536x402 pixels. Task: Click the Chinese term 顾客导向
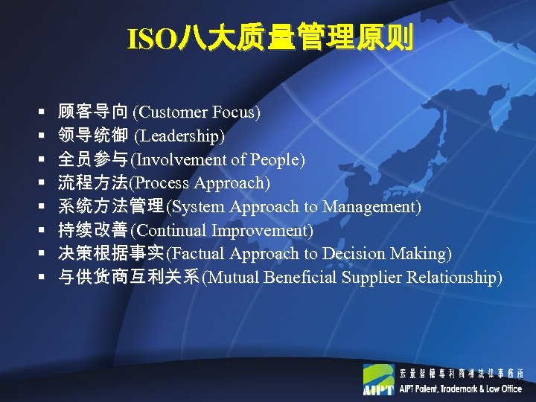pyautogui.click(x=92, y=112)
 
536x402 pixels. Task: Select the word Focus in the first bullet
pyautogui.click(x=234, y=112)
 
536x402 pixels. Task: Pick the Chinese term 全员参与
pyautogui.click(x=92, y=160)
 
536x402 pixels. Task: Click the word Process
pyautogui.click(x=162, y=183)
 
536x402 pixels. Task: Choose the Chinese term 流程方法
pyautogui.click(x=92, y=183)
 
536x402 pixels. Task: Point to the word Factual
pyautogui.click(x=197, y=255)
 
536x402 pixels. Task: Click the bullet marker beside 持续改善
pyautogui.click(x=42, y=231)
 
